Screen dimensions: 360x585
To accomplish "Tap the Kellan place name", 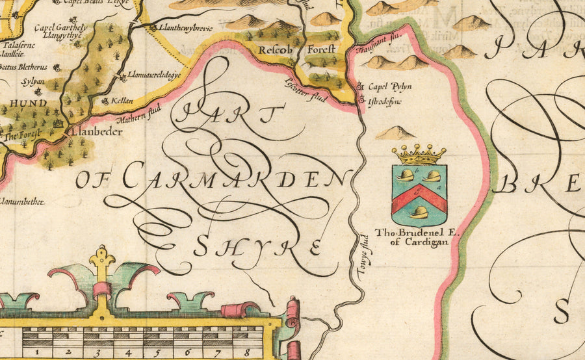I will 119,102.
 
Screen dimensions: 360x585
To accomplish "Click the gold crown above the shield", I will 419,155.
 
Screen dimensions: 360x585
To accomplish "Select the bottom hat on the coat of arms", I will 419,212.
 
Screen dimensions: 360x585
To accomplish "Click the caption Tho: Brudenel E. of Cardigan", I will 411,237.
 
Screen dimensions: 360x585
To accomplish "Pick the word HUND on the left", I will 27,103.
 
